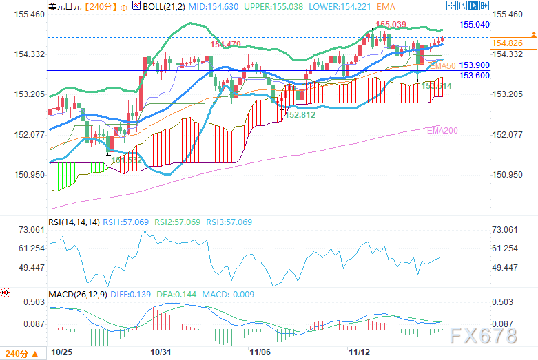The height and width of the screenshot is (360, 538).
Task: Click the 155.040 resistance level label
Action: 474,24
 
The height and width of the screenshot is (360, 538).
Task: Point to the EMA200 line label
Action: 441,130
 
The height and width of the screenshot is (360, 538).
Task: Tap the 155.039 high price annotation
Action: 390,25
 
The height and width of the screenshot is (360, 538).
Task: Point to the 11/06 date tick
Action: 260,352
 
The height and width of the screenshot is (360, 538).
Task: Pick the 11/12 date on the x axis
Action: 360,352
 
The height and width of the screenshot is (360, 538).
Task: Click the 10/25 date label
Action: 61,352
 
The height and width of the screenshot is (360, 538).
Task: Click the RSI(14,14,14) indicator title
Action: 74,222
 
